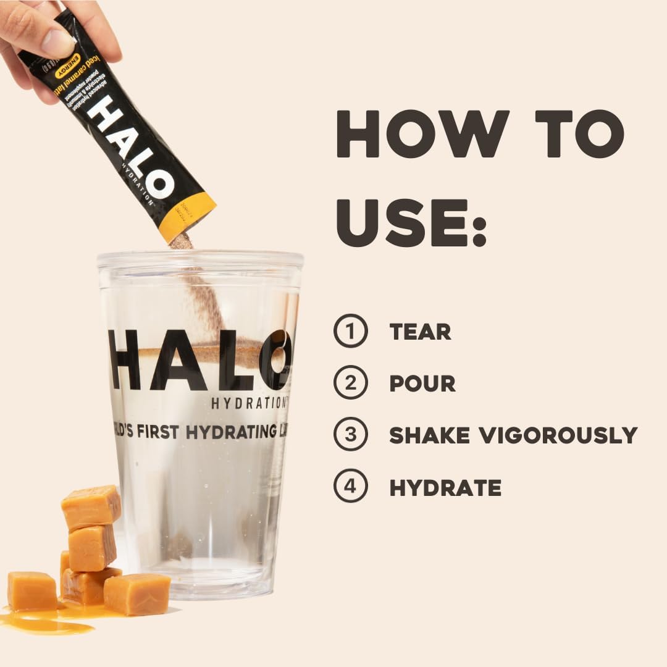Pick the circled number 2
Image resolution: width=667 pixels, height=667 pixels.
click(x=351, y=384)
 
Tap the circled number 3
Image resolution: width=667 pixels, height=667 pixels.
click(x=351, y=435)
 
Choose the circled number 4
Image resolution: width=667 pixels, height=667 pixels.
click(x=351, y=487)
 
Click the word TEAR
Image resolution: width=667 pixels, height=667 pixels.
click(x=420, y=332)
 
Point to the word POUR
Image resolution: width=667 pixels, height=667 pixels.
click(x=422, y=384)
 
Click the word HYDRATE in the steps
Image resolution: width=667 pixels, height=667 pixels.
click(x=445, y=488)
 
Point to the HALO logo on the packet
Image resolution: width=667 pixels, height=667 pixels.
click(x=130, y=148)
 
